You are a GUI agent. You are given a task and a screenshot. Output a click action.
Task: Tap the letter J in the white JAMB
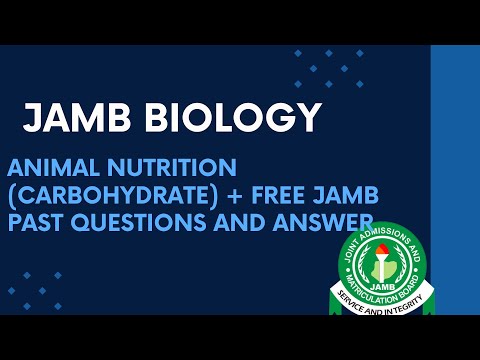[x=33, y=118]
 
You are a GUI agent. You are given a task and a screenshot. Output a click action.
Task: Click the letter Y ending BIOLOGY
[x=309, y=118]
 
